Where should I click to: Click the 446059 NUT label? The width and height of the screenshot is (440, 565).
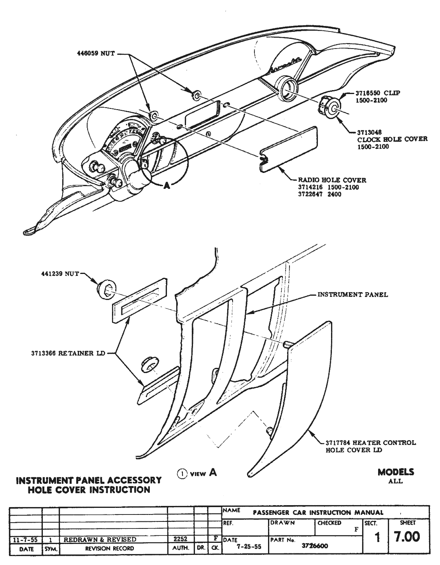coord(96,54)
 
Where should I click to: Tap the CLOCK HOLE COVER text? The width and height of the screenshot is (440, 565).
coord(392,139)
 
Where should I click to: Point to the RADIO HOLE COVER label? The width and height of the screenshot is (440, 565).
coord(332,180)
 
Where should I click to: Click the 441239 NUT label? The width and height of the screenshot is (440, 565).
coord(60,274)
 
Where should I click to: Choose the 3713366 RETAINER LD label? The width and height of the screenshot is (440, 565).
coord(68,353)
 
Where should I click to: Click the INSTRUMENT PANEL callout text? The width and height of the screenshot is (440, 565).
coord(352,294)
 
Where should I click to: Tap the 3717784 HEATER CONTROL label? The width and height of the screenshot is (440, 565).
coord(370,443)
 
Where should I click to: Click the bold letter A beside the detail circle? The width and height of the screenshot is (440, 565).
coord(167,186)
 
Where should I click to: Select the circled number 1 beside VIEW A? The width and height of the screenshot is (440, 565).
coord(181,473)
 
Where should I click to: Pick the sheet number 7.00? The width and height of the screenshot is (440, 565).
coord(407,537)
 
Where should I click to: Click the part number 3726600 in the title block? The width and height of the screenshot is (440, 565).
coord(315,546)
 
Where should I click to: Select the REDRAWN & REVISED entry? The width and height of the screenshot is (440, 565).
coord(100,539)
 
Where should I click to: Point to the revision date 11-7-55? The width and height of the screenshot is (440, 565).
coord(24,539)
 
